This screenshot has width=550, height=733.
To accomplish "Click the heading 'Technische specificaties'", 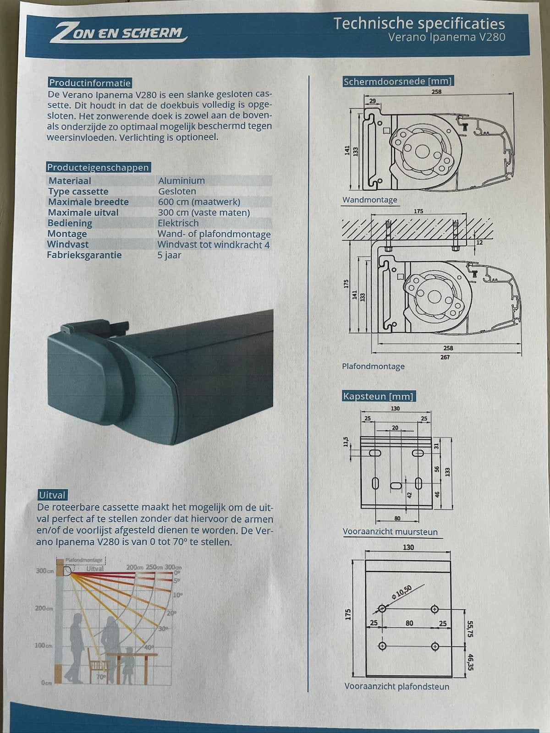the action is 419,24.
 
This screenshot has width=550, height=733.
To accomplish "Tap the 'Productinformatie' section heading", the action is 90,83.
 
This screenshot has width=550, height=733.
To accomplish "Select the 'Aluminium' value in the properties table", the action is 181,181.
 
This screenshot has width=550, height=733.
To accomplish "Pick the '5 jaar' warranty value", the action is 169,256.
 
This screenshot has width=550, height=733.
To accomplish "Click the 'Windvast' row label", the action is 68,245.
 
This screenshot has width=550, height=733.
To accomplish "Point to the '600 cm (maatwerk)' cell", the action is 199,202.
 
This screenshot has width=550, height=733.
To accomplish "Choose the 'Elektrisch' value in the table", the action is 178,223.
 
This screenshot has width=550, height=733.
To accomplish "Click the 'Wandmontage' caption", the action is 370,200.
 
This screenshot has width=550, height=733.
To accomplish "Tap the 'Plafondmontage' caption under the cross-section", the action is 373,366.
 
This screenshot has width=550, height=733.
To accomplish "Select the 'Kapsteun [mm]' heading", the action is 379,396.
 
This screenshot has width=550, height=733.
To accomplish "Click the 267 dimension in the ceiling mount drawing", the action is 445,357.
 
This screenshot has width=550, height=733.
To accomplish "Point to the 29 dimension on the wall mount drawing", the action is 372,101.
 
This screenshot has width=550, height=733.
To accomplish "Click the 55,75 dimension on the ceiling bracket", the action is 470,629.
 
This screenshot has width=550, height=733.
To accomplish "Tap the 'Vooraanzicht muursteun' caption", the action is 390,531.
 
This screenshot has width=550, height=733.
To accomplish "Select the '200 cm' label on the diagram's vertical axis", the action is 44,608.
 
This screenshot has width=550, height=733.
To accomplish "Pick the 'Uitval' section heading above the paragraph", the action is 52,495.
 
